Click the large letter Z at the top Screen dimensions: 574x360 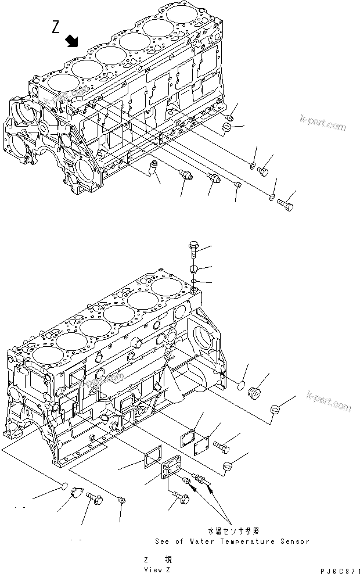tap(56, 28)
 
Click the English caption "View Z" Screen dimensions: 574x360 tap(156, 569)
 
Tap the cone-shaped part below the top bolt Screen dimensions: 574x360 tap(194, 269)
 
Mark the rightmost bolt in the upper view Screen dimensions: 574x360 tap(284, 205)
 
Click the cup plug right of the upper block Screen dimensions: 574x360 tap(228, 127)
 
